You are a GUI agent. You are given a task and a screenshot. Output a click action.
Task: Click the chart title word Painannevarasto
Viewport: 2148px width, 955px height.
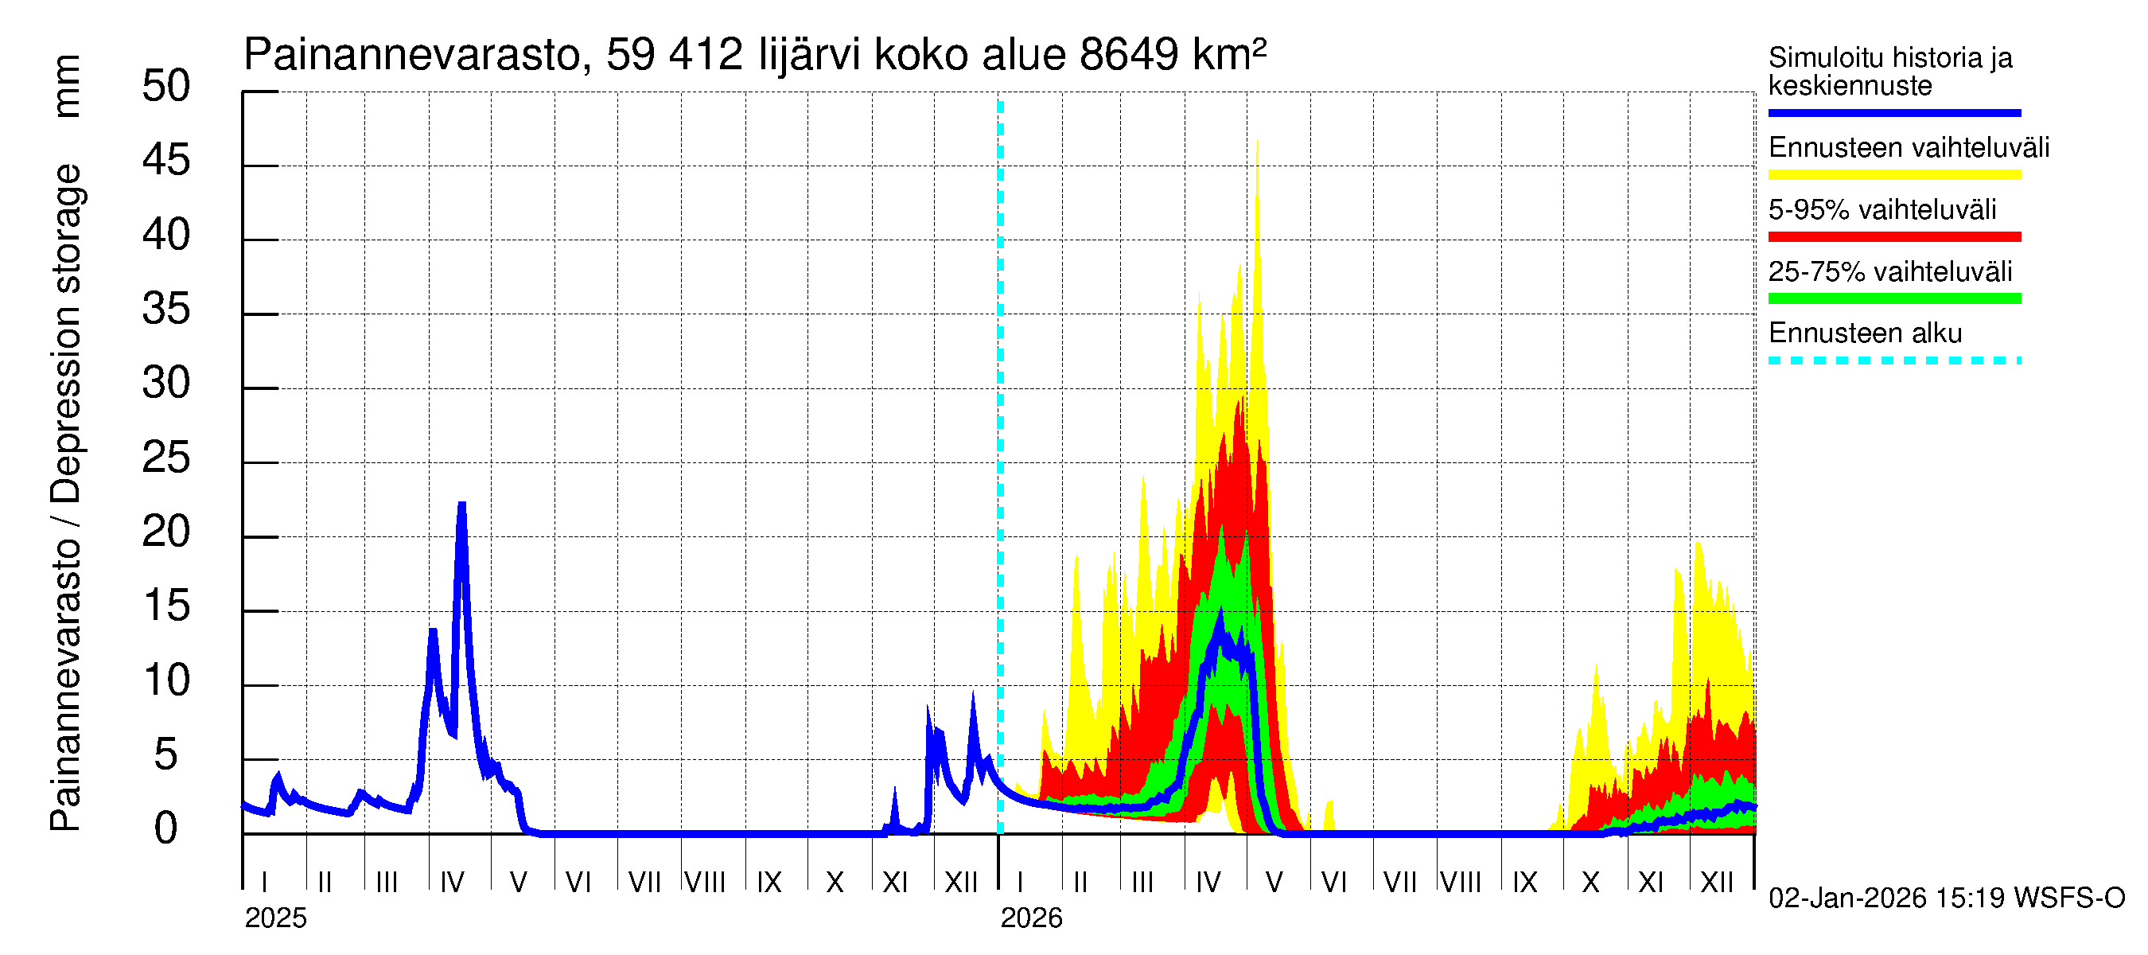pos(412,55)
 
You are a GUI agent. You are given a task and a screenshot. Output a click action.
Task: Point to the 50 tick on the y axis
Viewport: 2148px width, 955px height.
pos(166,87)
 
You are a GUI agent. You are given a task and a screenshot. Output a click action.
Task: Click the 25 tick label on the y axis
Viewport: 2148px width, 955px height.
pos(166,458)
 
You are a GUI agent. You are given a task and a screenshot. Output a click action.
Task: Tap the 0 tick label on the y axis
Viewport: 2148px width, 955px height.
pos(166,828)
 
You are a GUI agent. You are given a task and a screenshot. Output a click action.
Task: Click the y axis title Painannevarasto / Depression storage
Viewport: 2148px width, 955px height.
pos(65,497)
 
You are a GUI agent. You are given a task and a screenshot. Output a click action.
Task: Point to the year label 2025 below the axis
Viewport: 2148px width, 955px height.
pos(275,918)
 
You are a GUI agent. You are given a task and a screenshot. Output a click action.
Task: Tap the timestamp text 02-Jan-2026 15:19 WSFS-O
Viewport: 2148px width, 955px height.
pos(1945,898)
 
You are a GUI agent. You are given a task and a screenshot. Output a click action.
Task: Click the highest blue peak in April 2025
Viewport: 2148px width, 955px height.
pos(461,505)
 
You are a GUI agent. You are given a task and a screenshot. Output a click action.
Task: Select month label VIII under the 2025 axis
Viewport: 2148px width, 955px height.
pos(705,882)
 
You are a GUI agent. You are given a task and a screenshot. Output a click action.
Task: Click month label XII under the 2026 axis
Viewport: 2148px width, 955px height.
pos(1716,882)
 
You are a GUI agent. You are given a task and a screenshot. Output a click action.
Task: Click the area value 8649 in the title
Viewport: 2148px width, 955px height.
pos(1128,55)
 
